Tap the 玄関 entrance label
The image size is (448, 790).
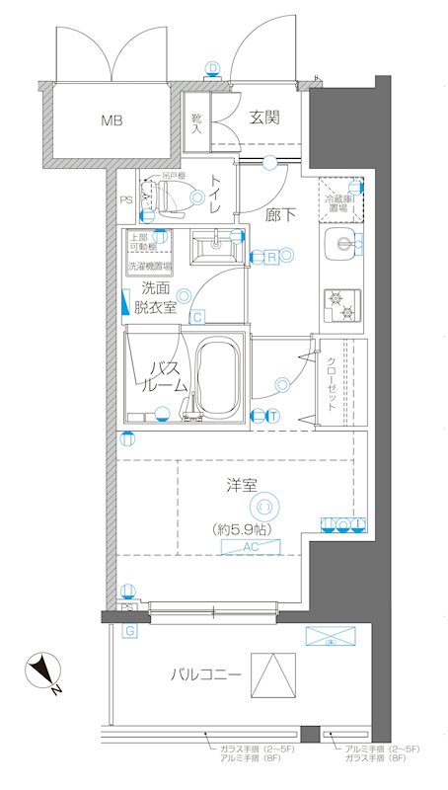pyautogui.click(x=263, y=118)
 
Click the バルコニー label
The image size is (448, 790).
pyautogui.click(x=204, y=674)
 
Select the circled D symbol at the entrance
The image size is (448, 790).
pyautogui.click(x=212, y=68)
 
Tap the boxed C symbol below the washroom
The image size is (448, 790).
pyautogui.click(x=198, y=317)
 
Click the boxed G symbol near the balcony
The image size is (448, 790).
pyautogui.click(x=129, y=629)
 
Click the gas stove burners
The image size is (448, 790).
pyautogui.click(x=341, y=304)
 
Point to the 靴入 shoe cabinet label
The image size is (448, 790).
pyautogui.click(x=195, y=122)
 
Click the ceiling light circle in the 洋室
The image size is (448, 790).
pyautogui.click(x=262, y=508)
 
